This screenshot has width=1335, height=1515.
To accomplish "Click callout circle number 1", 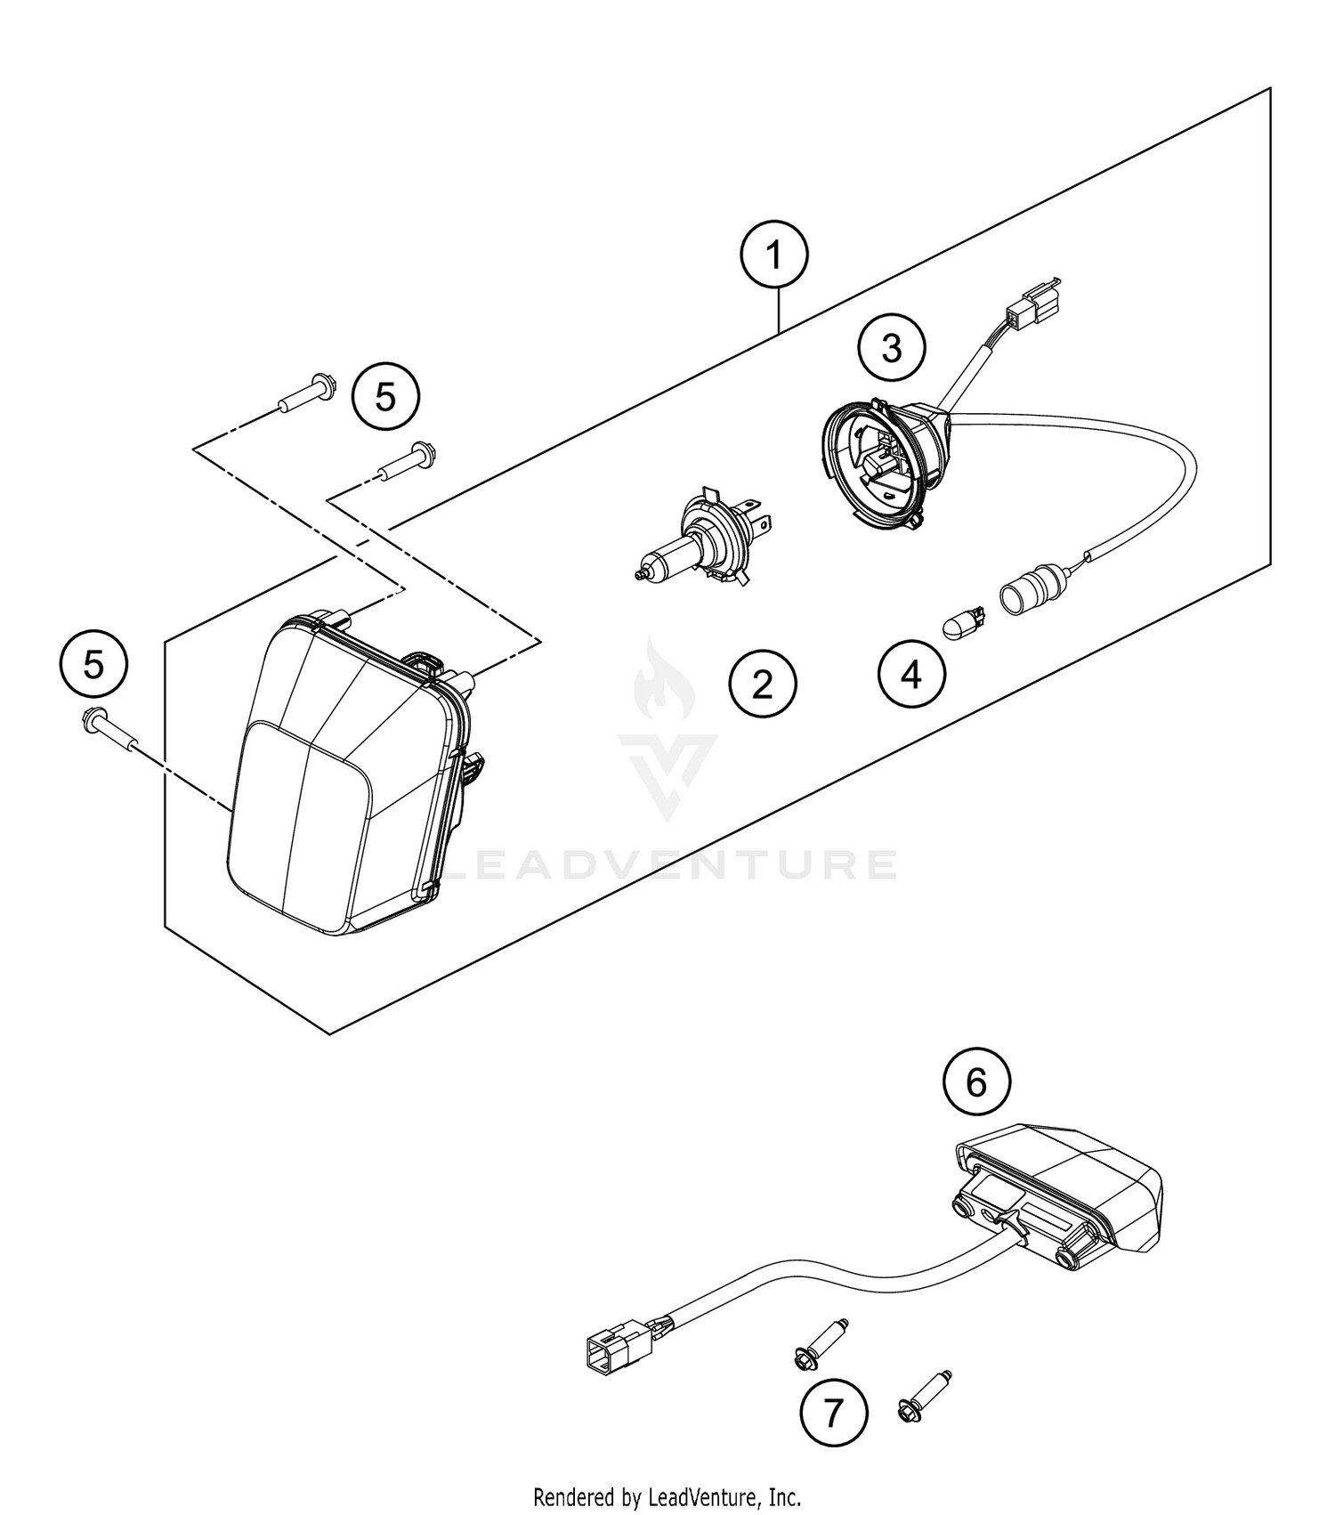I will pyautogui.click(x=774, y=256).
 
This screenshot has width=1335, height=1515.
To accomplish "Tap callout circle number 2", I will pyautogui.click(x=763, y=685).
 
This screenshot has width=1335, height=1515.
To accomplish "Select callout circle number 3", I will pyautogui.click(x=892, y=348).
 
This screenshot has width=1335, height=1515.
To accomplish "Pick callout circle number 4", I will pyautogui.click(x=911, y=676).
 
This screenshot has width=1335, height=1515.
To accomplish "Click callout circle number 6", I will pyautogui.click(x=976, y=1082).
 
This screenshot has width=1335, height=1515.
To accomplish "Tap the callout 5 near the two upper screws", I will pyautogui.click(x=385, y=396).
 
